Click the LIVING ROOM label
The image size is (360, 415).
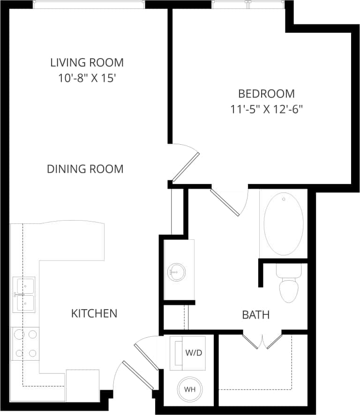coord(87,62)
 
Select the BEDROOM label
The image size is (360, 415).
coord(266,93)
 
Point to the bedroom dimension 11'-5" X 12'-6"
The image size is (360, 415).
coord(266,110)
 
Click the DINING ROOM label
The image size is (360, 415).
coord(85,169)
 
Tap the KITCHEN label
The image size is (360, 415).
coord(94,313)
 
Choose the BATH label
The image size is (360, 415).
coord(255,315)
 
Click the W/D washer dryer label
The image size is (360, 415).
coord(193,352)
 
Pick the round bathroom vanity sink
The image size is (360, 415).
coord(177,272)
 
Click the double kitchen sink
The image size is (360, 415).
coord(23,294)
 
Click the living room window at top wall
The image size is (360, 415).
coord(89,4)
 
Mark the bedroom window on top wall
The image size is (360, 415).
coord(247,4)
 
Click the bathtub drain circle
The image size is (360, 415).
coord(284,200)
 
